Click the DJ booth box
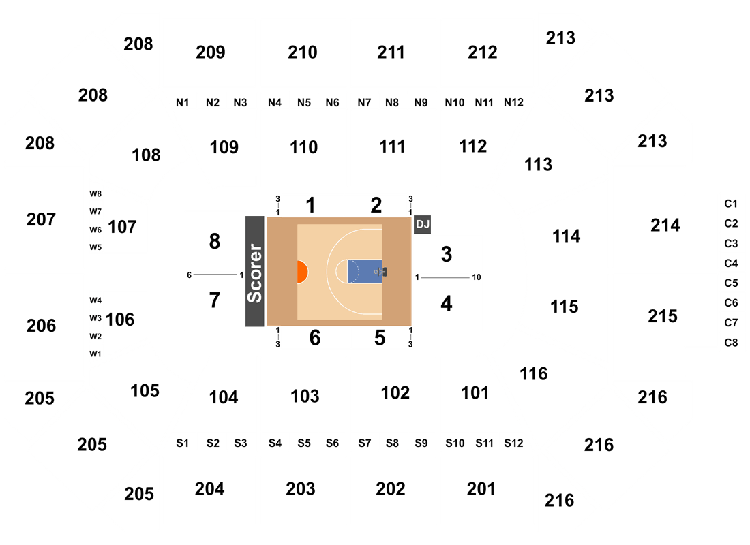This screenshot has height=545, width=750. pos(422,224)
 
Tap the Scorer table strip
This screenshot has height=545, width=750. pos(255,272)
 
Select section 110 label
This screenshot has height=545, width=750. pos(303,147)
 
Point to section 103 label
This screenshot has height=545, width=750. pos(305,396)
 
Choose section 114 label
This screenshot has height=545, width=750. pos(567,236)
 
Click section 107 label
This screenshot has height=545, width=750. pos(123,227)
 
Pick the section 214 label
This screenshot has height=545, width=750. pos(665,225)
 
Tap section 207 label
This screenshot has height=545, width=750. pos(41,219)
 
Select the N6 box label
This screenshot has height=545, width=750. pos(333,103)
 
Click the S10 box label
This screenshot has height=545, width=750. pos(455,443)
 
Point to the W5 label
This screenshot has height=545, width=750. pos(95,247)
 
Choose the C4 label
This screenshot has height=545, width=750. pos(731,264)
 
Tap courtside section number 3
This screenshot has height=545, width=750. pos(447,254)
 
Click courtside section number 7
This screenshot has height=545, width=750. pos(215,300)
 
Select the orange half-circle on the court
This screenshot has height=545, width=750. pos(302,272)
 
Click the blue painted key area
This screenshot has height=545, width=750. pos(365,272)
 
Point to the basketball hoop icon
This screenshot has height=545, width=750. pos(380,272)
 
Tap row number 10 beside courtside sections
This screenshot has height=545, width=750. pos(477,277)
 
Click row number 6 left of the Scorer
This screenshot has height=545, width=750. pos(190,275)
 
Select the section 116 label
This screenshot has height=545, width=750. pos(534,374)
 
